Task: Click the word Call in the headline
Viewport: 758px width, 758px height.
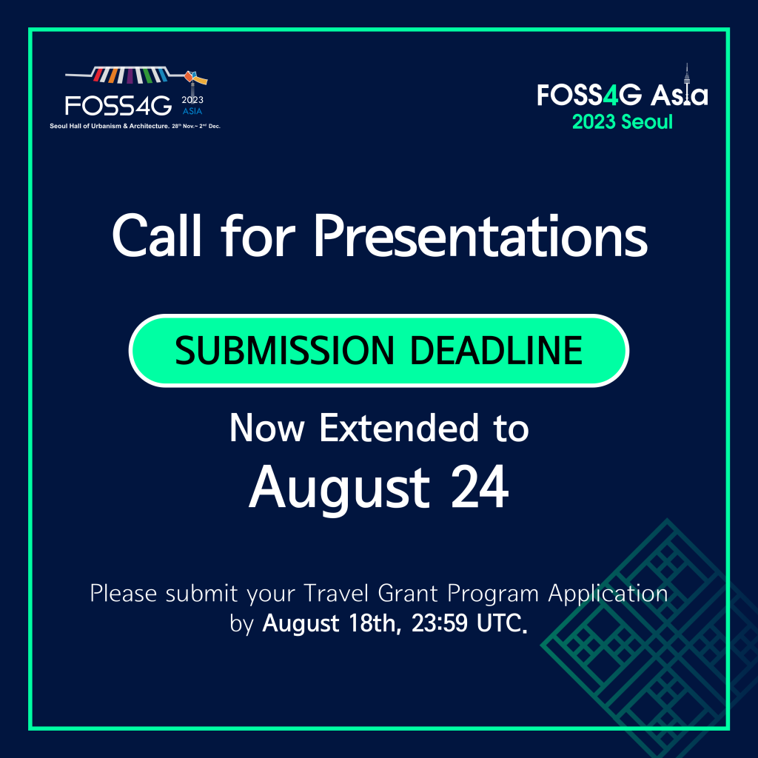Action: pos(156,235)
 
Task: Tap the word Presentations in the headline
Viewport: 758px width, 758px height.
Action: pos(481,235)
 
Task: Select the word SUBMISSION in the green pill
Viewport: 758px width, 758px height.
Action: pos(285,350)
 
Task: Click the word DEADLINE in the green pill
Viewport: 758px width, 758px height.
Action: pos(496,350)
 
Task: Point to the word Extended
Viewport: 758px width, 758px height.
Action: pos(399,428)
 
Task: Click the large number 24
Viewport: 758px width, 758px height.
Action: pos(480,487)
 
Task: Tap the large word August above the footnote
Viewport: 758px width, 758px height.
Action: pos(339,489)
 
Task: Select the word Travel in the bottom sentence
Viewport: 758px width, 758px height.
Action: pos(336,593)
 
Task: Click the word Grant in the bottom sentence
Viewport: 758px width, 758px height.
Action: pos(408,593)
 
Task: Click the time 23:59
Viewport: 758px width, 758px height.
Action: pos(440,623)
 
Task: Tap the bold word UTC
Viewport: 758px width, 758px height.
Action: pos(501,623)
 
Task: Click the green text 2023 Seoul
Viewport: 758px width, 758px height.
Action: pos(622,122)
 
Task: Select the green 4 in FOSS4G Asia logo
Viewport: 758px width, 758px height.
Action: pos(611,95)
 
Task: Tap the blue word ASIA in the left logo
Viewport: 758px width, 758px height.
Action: pos(192,111)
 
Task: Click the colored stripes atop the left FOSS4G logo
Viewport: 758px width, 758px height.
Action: pos(130,75)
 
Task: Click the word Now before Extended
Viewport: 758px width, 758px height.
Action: pos(267,429)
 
